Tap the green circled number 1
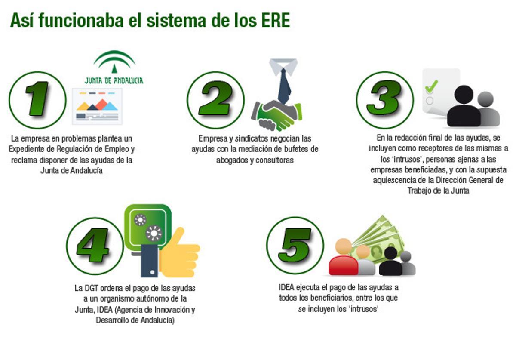[x=37, y=99]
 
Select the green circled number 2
[x=215, y=99]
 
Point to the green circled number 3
[x=384, y=99]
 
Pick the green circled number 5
[x=295, y=246]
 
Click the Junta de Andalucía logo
[x=114, y=67]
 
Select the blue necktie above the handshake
[x=284, y=84]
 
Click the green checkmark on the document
[x=431, y=86]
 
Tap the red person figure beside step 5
[x=343, y=258]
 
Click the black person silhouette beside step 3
[x=463, y=108]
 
